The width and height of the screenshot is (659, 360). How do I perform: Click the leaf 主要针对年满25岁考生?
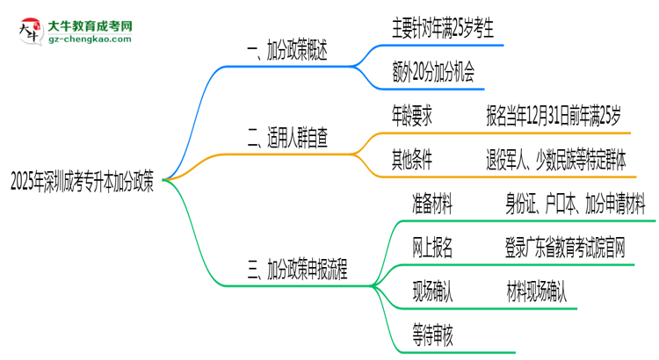click(x=443, y=29)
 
